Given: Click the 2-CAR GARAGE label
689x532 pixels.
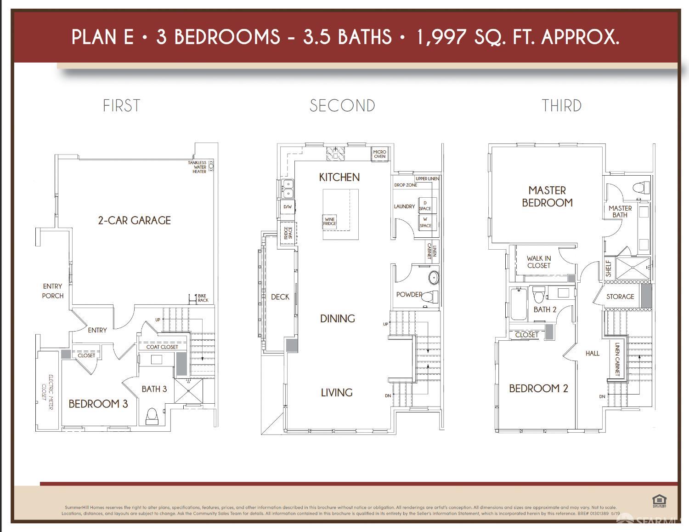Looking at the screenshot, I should tap(134, 220).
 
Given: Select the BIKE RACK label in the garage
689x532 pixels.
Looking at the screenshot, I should tap(202, 298).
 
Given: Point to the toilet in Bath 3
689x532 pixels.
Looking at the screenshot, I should tap(152, 416).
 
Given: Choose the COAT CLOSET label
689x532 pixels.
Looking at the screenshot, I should tap(162, 347).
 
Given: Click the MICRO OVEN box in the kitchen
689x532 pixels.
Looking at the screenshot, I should tap(379, 154).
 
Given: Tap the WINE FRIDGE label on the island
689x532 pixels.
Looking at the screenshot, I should tap(330, 221).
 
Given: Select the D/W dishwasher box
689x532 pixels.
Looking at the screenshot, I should tap(288, 207).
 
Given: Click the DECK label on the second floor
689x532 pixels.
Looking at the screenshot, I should tap(280, 297).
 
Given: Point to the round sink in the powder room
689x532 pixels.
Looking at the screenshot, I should tap(434, 278).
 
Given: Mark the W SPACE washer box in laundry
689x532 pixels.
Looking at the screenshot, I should tap(426, 223).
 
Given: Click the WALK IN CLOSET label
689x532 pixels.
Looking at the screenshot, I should tap(538, 262).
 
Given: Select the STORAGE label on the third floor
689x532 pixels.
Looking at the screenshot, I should tap(620, 297).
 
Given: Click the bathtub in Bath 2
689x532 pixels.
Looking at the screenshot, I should tap(518, 304).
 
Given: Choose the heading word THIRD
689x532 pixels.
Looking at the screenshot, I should tap(561, 106).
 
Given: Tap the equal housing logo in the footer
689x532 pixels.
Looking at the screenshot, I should tap(659, 501).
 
